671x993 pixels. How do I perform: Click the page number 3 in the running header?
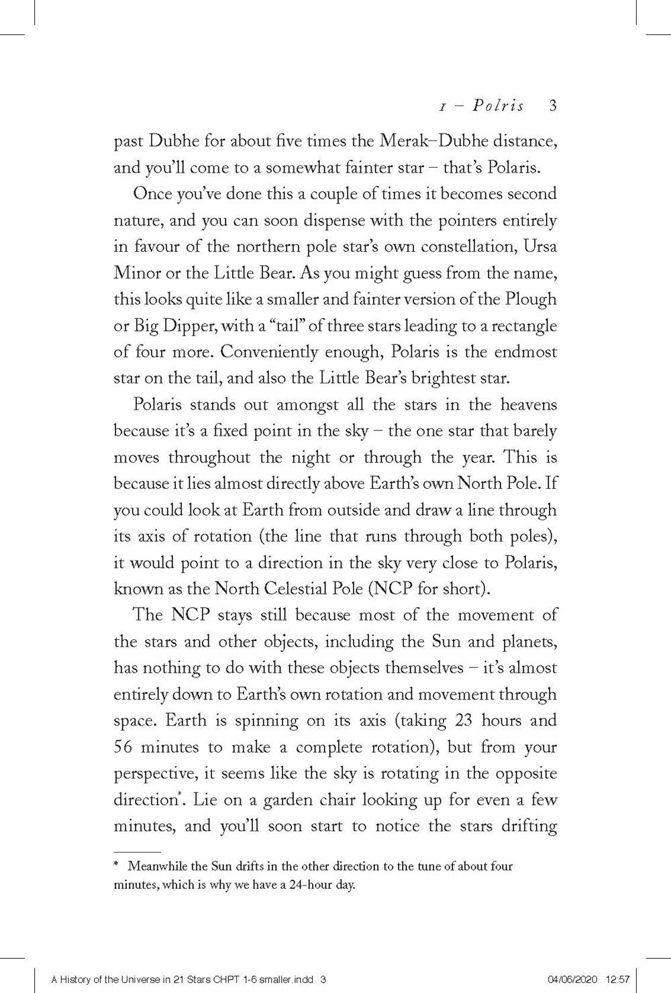[553, 106]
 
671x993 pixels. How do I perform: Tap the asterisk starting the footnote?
[117, 866]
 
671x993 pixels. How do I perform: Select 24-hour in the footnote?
[294, 885]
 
